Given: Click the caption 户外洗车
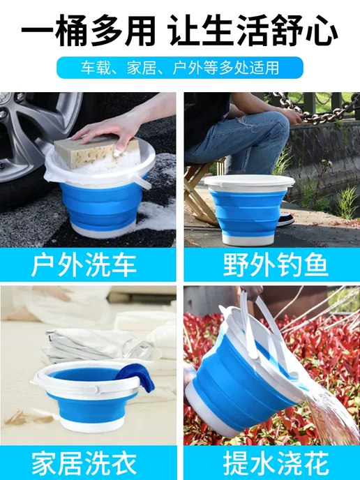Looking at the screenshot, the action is (84, 265).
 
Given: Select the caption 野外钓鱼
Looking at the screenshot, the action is (276, 265).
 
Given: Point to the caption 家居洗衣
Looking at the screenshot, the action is (84, 463).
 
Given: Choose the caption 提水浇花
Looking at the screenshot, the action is (276, 463).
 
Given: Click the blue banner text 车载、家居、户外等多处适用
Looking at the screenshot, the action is (180, 68).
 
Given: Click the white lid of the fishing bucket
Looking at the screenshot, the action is (249, 183).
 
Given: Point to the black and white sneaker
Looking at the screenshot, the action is (285, 220).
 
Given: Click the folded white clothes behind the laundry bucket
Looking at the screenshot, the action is (101, 346).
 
